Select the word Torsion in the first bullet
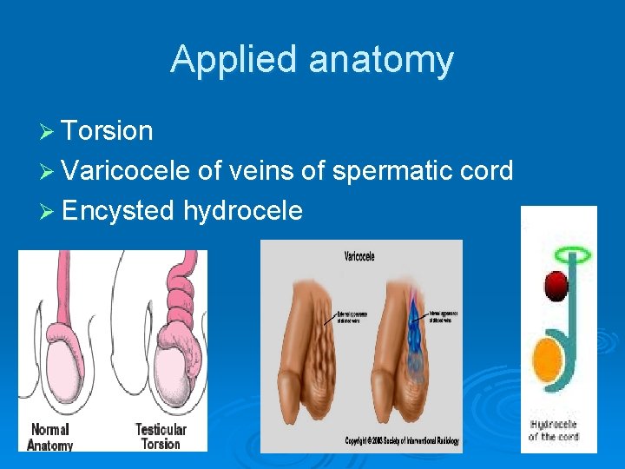[108, 131]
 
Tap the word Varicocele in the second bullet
[126, 170]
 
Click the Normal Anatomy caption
[50, 437]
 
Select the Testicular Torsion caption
[161, 437]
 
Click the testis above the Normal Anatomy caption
[58, 365]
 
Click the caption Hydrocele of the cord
[556, 431]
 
